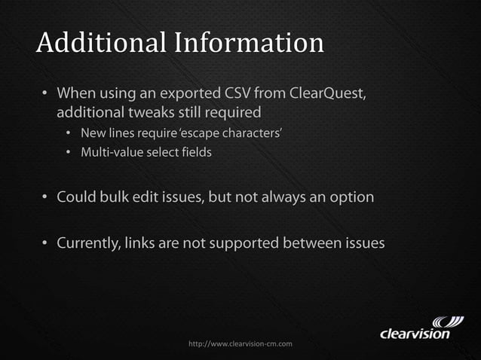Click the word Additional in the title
(x=100, y=43)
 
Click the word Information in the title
(x=250, y=43)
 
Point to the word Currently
(x=91, y=243)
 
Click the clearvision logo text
(x=415, y=332)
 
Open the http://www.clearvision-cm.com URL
(x=240, y=343)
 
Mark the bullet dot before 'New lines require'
(x=67, y=135)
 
